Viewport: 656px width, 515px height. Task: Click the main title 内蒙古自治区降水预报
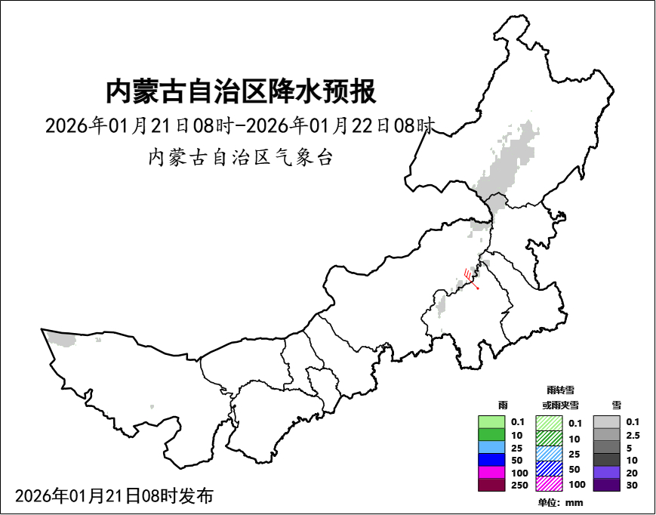click(240, 92)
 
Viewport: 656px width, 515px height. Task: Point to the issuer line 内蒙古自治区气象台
click(240, 158)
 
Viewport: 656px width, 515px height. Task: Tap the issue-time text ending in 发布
click(114, 496)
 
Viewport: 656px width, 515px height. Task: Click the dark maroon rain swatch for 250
click(491, 486)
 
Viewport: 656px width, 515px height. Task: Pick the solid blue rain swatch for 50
click(491, 460)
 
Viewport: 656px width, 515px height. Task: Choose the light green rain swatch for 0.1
click(491, 422)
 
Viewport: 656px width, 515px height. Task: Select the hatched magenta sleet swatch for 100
click(549, 483)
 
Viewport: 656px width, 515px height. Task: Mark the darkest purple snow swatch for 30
click(606, 486)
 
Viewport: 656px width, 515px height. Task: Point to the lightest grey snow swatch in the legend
click(606, 422)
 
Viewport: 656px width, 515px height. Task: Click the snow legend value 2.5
click(633, 435)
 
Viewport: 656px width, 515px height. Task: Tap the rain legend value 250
click(519, 486)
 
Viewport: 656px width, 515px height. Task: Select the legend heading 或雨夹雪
click(559, 406)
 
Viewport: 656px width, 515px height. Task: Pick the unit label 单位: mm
click(559, 503)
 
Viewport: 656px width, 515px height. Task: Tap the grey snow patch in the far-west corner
click(63, 339)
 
